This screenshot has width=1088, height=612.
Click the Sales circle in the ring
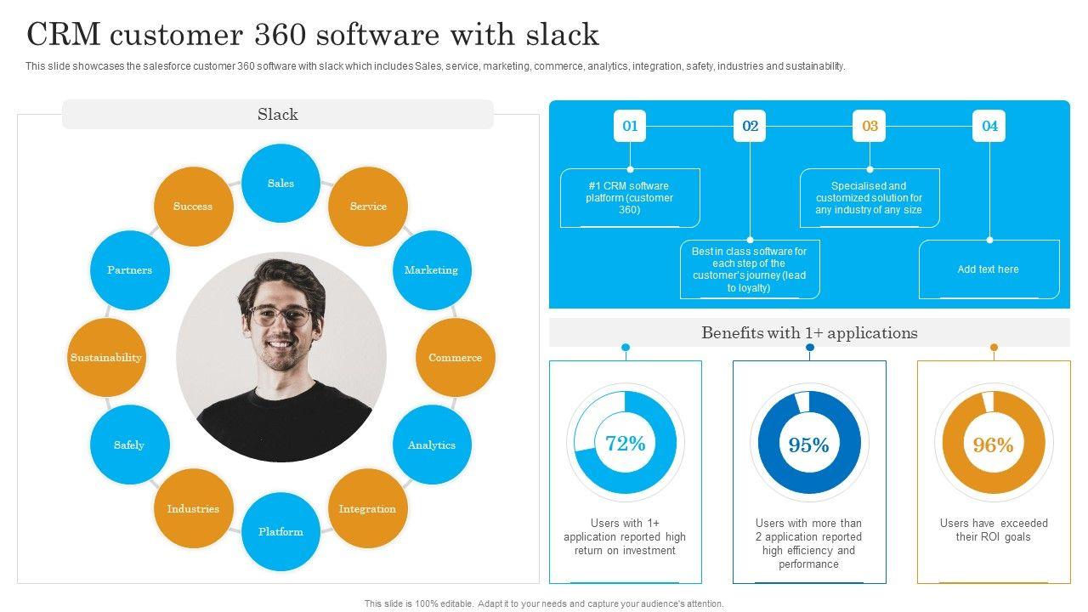point(280,184)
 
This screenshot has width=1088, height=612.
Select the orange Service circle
point(368,207)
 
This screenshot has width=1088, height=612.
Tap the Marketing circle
point(431,270)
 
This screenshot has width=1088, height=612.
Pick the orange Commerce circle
point(455,358)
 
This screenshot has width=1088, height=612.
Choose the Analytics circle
point(431,445)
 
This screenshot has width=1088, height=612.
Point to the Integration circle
point(367,509)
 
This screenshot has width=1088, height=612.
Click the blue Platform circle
point(280,532)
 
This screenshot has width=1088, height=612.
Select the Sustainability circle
point(106,358)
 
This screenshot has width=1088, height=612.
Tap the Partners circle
point(129,270)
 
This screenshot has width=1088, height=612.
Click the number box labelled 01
point(630,126)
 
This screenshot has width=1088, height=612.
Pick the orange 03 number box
point(870,126)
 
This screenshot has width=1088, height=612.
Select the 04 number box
point(989,126)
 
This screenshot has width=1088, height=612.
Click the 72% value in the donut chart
point(626,444)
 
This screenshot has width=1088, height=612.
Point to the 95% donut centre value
point(809,445)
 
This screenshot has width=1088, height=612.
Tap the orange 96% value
point(994,445)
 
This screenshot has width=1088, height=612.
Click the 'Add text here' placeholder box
point(989,269)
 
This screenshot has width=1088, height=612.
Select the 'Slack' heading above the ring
point(278,115)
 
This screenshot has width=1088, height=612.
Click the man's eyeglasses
point(280,316)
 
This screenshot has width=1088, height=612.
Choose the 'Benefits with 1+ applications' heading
point(809,333)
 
